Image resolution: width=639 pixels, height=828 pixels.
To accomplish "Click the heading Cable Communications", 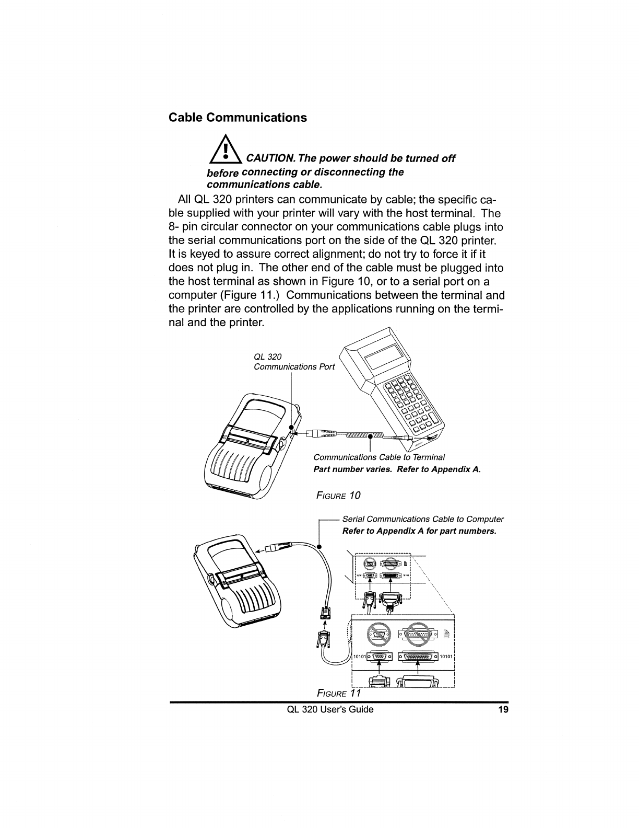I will [238, 117].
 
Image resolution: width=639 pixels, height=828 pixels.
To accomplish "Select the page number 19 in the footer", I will [503, 709].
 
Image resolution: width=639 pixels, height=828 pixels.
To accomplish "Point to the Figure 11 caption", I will [339, 693].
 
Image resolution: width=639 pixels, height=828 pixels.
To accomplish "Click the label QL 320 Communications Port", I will [294, 362].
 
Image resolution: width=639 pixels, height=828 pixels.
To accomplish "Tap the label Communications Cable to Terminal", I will [378, 458].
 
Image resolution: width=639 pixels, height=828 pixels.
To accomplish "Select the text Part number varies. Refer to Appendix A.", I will [397, 469].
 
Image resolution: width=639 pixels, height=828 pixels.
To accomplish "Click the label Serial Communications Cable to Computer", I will [423, 519].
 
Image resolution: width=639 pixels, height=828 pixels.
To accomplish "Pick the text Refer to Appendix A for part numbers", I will [418, 531].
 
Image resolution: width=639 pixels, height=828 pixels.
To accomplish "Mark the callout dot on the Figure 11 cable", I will [319, 545].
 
